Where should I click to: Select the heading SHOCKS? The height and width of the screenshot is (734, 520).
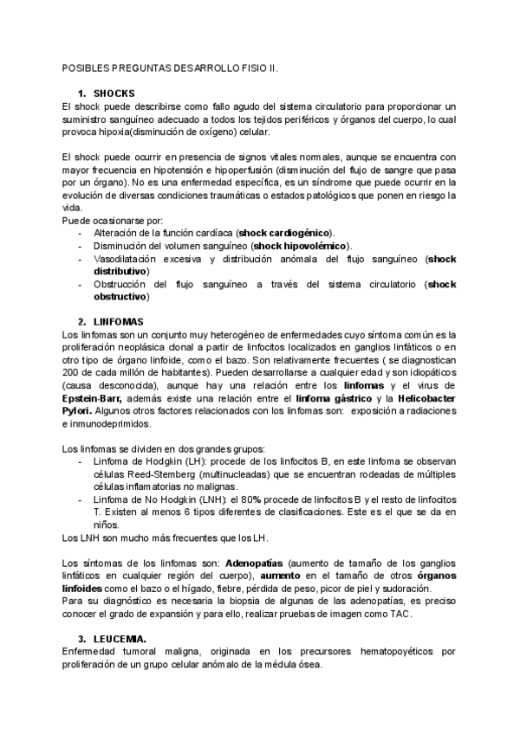[x=114, y=93]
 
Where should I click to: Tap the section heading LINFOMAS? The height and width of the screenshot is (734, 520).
[x=119, y=322]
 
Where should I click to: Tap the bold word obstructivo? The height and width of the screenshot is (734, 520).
[x=121, y=297]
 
